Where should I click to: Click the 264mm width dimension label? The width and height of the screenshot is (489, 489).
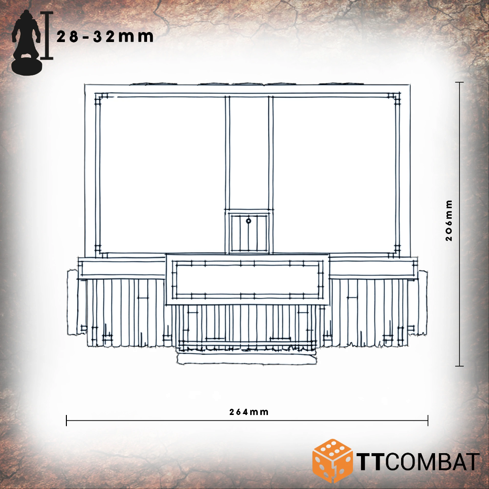point(248,412)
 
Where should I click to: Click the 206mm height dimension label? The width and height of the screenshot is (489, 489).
point(449,221)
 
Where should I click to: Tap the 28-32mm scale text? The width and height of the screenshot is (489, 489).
point(105,37)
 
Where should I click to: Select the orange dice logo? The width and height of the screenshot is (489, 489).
point(332,461)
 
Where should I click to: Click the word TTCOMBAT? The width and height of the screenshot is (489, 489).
point(418,462)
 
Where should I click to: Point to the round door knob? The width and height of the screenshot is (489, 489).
point(248,221)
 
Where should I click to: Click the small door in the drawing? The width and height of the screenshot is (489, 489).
point(248,233)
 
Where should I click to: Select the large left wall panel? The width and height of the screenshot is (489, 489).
point(162,175)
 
